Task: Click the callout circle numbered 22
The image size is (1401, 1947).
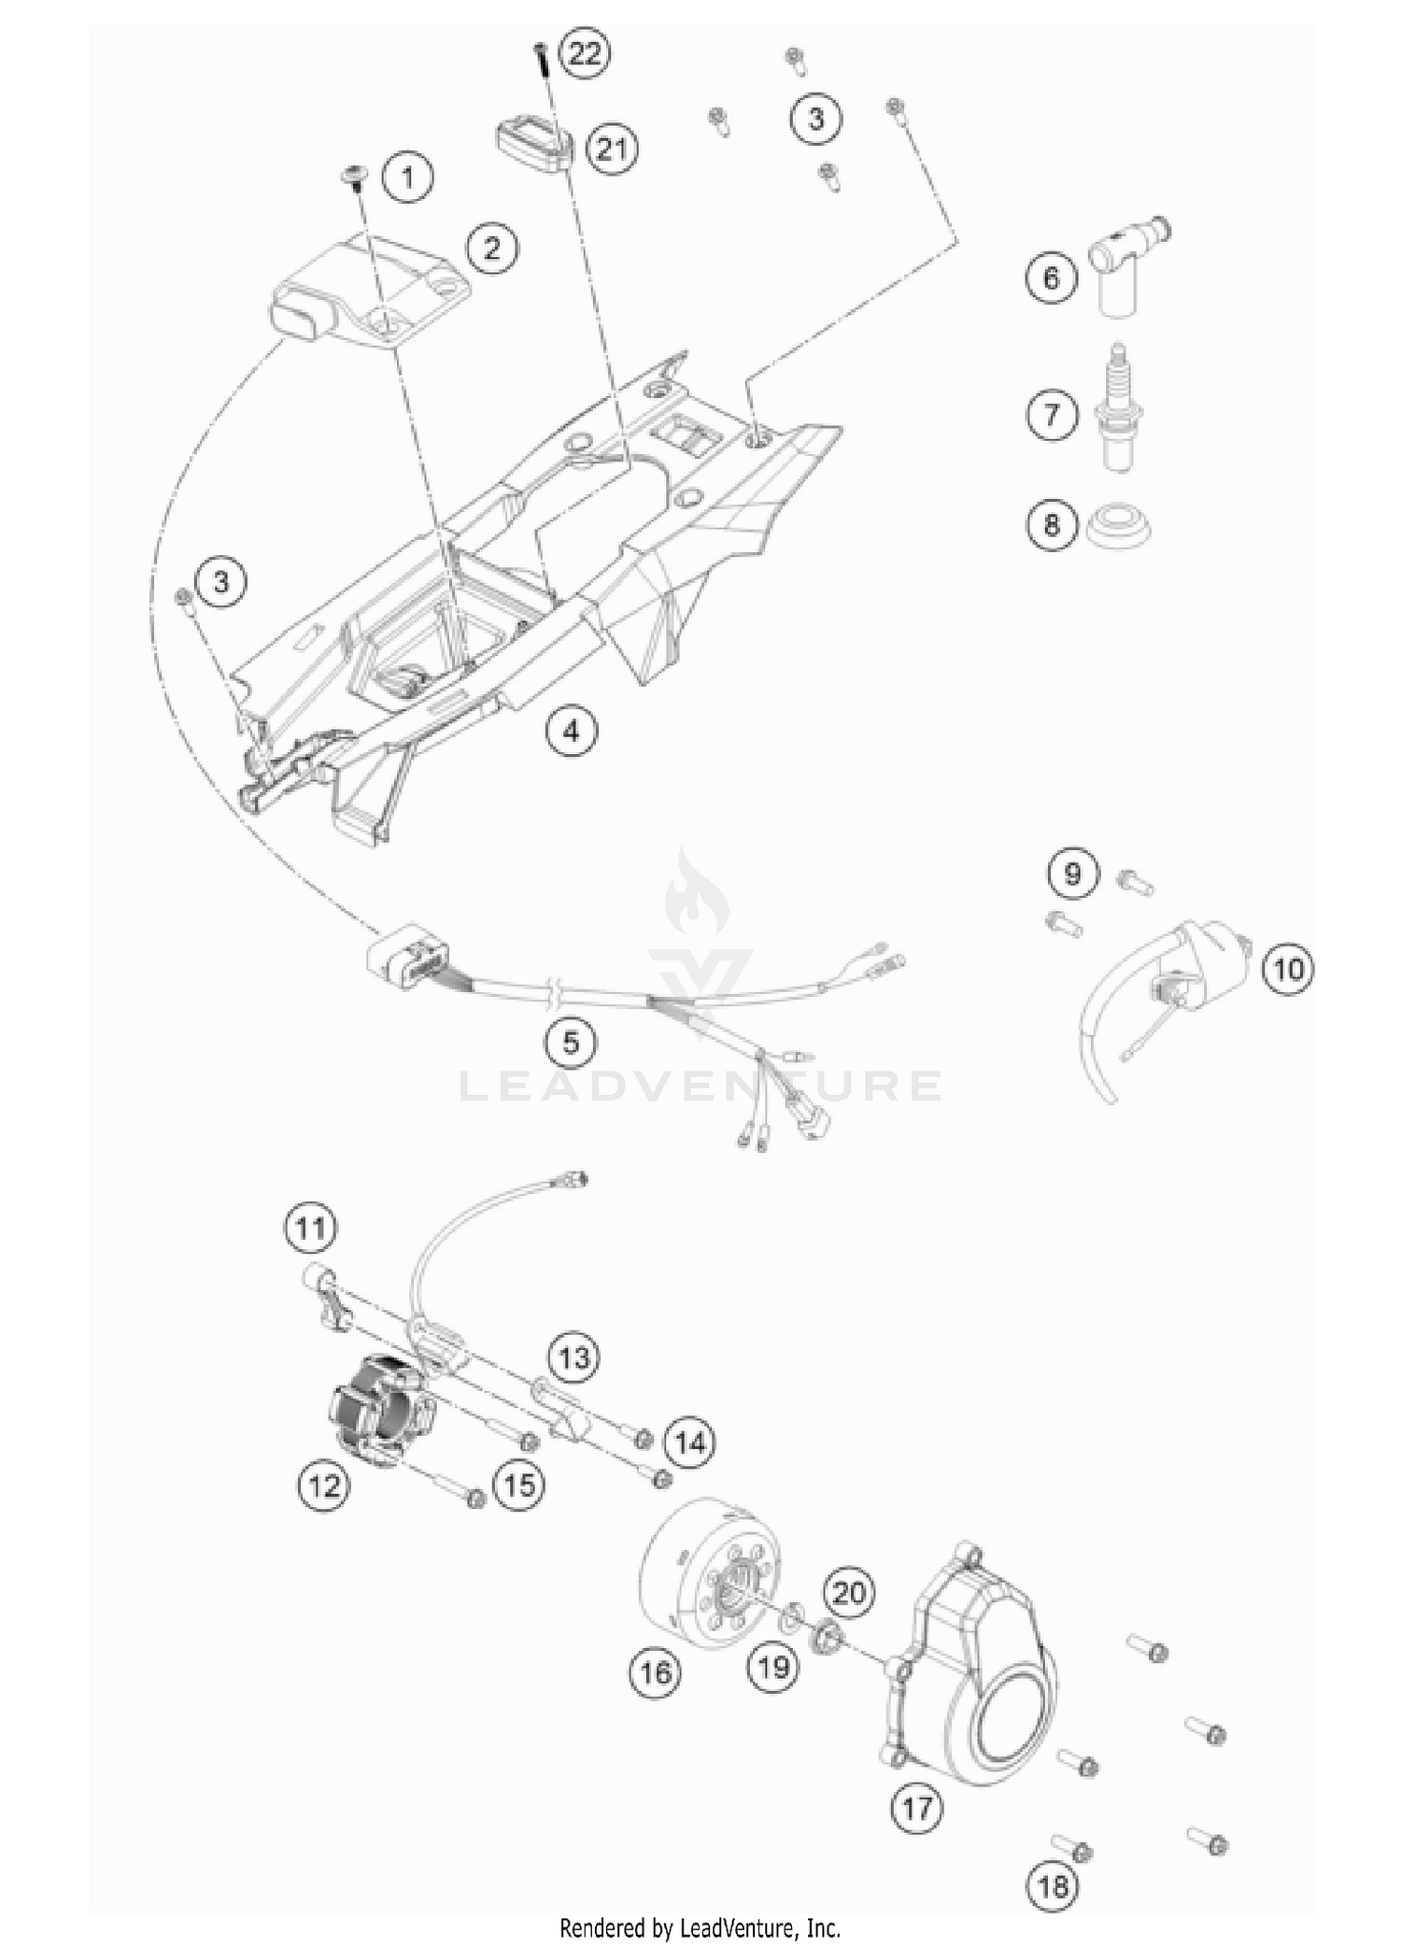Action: (x=585, y=54)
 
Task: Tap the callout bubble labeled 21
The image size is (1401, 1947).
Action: (x=611, y=149)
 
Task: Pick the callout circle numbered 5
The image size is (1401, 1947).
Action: (x=571, y=1042)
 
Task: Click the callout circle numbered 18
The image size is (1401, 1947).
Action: (x=1053, y=1885)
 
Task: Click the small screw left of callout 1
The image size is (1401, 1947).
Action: (x=356, y=175)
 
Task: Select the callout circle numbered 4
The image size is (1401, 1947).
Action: (x=571, y=730)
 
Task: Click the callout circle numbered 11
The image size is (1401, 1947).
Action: (x=310, y=1227)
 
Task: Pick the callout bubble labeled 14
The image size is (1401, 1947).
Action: (x=690, y=1442)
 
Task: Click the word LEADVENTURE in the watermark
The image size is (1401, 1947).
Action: (x=700, y=1086)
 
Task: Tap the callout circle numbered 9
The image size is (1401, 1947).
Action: (x=1072, y=874)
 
